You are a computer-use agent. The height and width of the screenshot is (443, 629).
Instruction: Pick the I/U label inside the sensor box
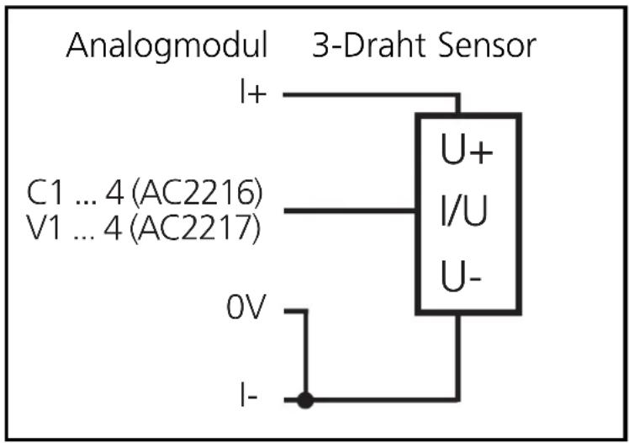(x=465, y=211)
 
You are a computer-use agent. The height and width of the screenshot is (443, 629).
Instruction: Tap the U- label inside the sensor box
(x=463, y=275)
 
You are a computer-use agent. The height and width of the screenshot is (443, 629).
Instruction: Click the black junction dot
(x=306, y=401)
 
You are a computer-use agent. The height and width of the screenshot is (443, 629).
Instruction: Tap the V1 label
(x=44, y=228)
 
